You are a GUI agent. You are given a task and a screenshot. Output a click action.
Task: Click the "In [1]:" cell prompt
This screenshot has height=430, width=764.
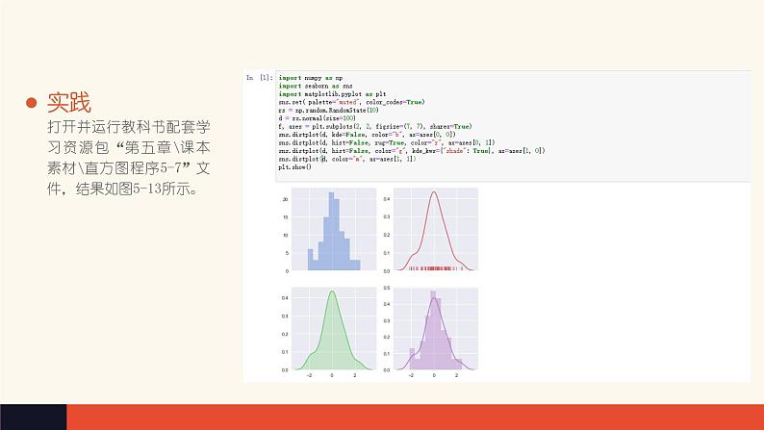259,77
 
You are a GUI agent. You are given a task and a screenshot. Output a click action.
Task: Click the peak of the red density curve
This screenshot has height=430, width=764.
433,192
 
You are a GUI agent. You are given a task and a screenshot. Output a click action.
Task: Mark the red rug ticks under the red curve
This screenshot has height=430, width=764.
435,268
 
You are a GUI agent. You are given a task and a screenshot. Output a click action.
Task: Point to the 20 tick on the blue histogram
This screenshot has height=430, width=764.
286,200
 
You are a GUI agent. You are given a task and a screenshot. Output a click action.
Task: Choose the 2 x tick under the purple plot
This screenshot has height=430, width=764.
457,376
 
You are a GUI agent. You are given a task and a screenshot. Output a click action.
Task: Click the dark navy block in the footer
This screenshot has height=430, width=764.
33,417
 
